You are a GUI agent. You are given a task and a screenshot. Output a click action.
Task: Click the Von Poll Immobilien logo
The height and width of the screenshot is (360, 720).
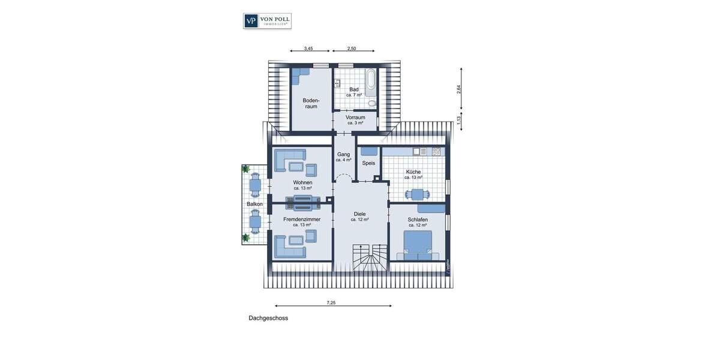pos(267,21)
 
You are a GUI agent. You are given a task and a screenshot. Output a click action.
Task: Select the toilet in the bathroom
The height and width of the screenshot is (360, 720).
pos(372,103)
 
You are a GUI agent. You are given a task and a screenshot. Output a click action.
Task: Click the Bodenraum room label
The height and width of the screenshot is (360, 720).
pos(311,103)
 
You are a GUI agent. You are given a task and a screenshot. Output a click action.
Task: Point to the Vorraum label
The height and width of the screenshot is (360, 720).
pos(355,118)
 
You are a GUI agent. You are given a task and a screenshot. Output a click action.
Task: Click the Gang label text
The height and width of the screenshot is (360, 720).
pos(343,154)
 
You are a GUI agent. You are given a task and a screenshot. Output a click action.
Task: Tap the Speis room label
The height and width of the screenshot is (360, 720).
pos(368,163)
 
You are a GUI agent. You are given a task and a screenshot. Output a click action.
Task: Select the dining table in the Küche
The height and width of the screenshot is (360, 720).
pos(417,194)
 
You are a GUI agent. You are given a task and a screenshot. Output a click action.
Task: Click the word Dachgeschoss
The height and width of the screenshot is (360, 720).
pos(268,318)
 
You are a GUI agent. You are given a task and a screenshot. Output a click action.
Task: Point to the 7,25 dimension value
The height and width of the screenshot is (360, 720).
pos(331,302)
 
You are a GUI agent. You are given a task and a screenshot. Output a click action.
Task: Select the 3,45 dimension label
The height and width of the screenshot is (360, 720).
pos(308,48)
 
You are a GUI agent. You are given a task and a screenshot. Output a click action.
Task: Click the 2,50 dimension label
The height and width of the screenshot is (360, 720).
pos(352,48)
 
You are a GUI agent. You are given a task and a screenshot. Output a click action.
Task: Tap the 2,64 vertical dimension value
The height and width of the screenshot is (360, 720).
pos(459,88)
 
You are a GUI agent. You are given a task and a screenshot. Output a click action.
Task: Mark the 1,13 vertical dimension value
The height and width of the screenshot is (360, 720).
pos(459,119)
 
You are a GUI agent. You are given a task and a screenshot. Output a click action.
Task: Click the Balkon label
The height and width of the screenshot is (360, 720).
pos(254,205)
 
